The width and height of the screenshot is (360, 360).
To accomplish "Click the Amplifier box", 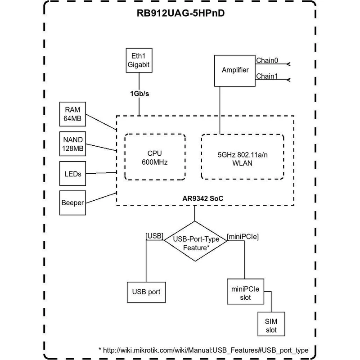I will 235,70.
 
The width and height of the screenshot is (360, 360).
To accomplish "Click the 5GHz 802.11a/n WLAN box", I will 243,157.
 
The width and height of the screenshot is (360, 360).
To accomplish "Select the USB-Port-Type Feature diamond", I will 195,241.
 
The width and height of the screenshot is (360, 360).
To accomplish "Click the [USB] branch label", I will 154,235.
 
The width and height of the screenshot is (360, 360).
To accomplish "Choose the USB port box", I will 146,292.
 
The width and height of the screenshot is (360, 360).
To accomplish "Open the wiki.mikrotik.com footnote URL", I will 205,349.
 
